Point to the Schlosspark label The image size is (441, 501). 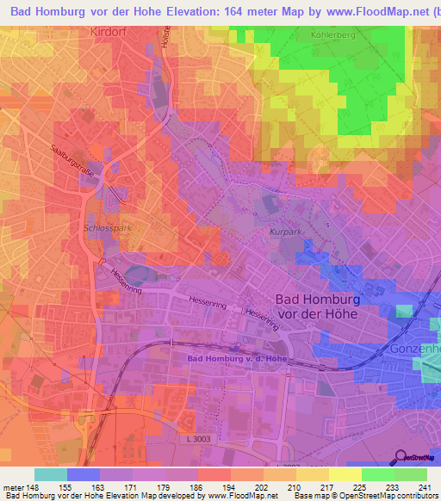107,230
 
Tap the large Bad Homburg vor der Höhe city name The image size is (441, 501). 327,306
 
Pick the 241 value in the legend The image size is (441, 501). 425,486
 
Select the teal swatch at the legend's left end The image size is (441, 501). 50,474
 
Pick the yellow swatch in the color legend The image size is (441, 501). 345,474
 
